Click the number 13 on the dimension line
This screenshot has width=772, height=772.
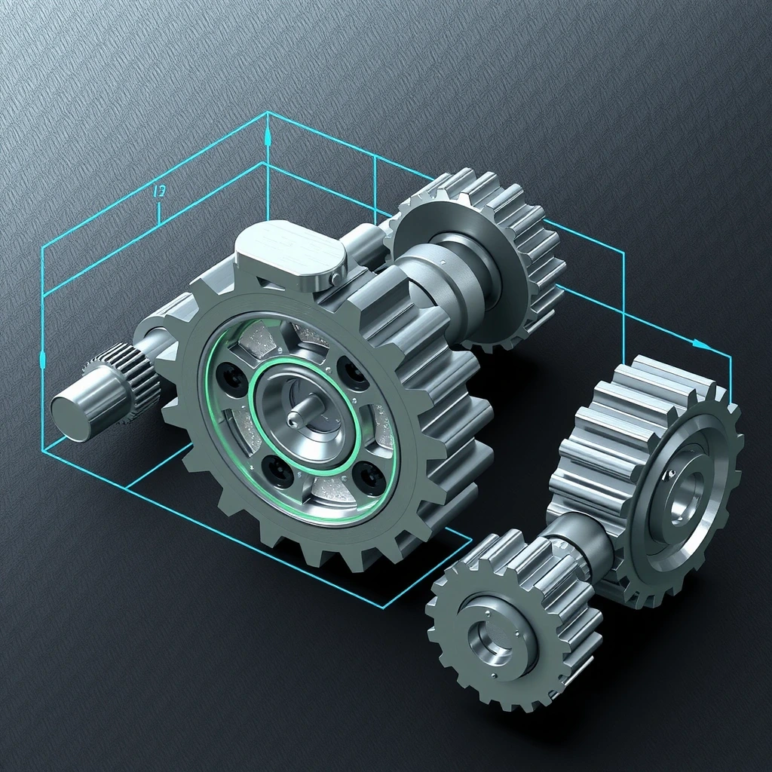(159, 192)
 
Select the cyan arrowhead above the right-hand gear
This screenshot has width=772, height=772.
(701, 345)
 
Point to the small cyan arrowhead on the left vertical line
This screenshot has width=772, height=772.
(42, 360)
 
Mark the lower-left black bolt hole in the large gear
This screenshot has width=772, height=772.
(280, 472)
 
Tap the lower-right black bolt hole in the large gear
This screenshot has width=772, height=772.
(369, 477)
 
